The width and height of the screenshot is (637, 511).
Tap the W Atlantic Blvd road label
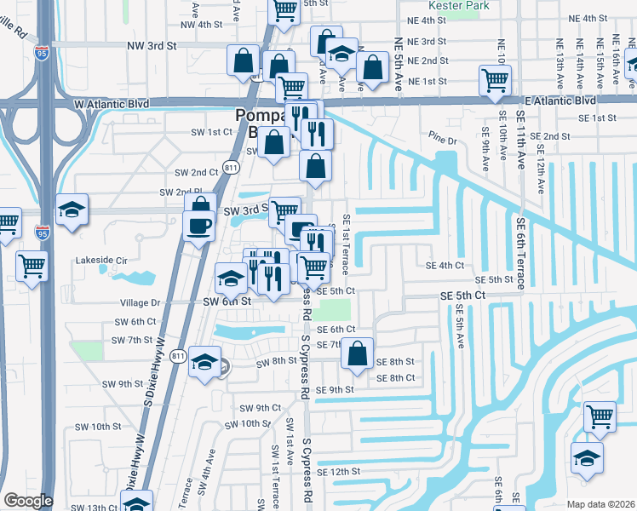pyautogui.click(x=112, y=104)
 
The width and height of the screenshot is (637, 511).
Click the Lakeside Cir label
pyautogui.click(x=101, y=260)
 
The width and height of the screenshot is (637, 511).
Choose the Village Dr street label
pyautogui.click(x=140, y=302)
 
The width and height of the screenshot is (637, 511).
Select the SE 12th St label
pyautogui.click(x=339, y=472)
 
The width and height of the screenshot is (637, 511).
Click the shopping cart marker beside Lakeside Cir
pyautogui.click(x=32, y=266)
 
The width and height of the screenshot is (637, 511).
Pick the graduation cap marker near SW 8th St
pyautogui.click(x=204, y=362)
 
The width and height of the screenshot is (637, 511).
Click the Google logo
pyautogui.click(x=28, y=501)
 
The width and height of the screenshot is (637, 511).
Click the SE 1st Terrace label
pyautogui.click(x=347, y=244)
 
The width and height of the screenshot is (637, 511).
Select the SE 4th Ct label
pyautogui.click(x=445, y=265)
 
